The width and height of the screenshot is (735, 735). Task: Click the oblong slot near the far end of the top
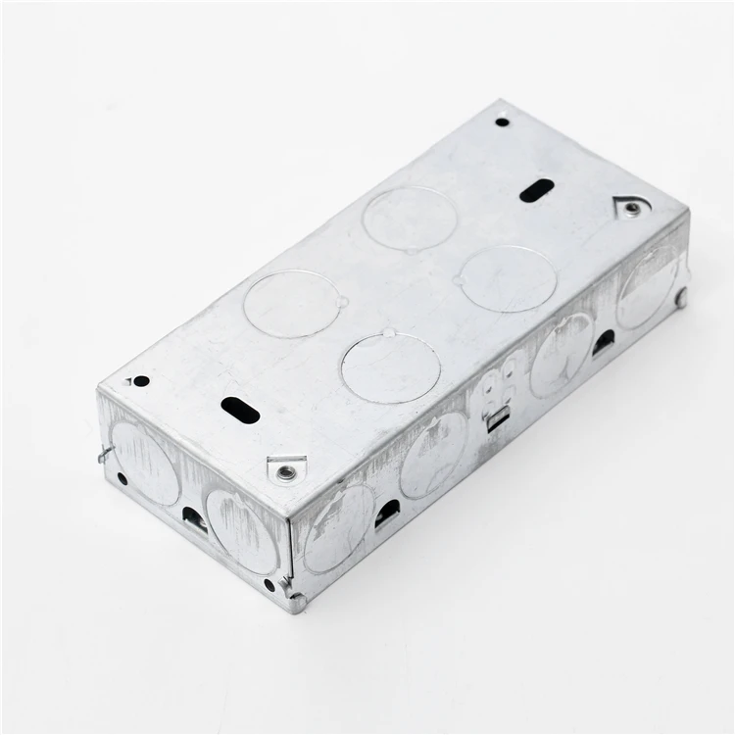click(x=536, y=190)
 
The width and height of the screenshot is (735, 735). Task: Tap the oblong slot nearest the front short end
click(x=240, y=410)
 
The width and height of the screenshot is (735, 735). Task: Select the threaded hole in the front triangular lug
click(x=284, y=472)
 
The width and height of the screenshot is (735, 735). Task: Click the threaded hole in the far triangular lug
click(x=633, y=209)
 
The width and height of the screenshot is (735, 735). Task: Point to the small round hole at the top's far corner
click(x=502, y=122)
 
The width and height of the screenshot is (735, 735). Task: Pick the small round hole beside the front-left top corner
click(x=141, y=380)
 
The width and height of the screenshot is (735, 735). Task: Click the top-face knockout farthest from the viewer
click(x=409, y=218)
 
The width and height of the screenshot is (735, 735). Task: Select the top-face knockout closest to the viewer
click(x=390, y=367)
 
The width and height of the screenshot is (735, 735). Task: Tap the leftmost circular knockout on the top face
click(x=291, y=304)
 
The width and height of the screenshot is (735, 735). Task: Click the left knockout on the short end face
click(x=145, y=463)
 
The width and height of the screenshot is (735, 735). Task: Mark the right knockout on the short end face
click(x=242, y=530)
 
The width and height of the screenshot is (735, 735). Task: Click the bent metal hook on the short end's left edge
click(x=104, y=453)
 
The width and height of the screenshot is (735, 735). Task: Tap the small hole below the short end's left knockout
click(x=122, y=479)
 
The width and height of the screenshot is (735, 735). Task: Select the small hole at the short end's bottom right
click(x=269, y=585)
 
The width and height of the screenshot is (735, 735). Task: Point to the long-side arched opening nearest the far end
click(x=604, y=342)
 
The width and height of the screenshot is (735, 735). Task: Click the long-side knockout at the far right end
click(x=648, y=289)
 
